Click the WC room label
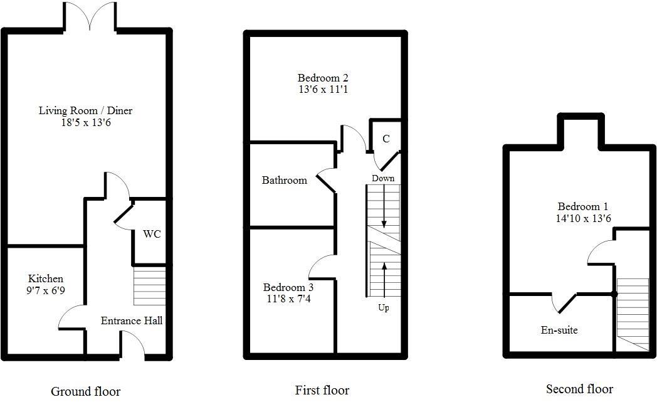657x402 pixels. [152, 235]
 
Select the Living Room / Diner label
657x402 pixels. [86, 111]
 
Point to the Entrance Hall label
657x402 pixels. [132, 320]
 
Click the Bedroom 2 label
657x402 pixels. [323, 78]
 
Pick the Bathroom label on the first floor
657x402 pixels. [285, 181]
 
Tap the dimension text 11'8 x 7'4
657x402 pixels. [288, 299]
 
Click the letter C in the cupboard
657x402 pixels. [386, 139]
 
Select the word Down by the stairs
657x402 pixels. [383, 178]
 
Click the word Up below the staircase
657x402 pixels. [383, 308]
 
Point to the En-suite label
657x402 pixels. [559, 330]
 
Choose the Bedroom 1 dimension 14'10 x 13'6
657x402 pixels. [584, 218]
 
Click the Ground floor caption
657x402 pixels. [85, 391]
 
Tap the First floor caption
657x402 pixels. [322, 390]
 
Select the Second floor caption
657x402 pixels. [579, 389]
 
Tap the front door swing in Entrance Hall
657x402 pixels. [133, 344]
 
